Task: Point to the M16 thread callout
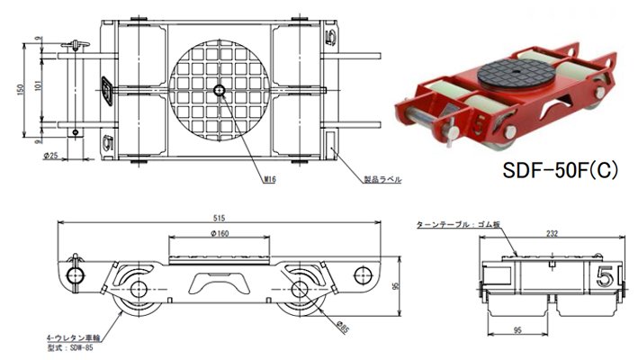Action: click(269, 180)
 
